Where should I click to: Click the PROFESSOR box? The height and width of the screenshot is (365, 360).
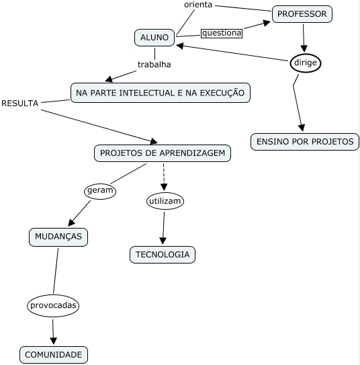pos(302,13)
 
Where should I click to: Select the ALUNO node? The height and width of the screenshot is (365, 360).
pos(154,38)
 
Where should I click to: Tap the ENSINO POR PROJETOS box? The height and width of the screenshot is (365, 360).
pos(305,142)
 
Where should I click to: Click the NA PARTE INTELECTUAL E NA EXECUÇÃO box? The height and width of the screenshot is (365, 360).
pos(160,92)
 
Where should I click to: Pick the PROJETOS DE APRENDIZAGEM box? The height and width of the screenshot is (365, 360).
pos(163,153)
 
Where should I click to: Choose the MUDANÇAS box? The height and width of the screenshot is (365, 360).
pos(58,237)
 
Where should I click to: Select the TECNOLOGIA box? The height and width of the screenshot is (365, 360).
pos(162,254)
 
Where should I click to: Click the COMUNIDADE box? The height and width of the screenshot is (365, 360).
pos(53,354)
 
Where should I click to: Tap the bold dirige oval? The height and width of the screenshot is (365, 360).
pos(306,63)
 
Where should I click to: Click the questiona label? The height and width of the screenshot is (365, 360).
pos(221,32)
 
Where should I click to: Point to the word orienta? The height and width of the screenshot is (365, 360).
pos(198,5)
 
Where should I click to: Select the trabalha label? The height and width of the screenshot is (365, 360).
pos(154,65)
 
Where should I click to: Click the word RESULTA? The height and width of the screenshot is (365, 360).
pos(20,103)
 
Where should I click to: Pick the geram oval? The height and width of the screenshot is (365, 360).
pos(100,191)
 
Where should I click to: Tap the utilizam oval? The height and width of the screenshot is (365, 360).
pos(165,201)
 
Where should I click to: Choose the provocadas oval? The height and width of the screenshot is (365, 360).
pos(54,305)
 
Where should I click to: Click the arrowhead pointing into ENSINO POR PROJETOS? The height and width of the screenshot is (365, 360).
pos(302,128)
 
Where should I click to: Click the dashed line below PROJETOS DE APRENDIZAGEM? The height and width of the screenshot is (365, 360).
pos(164,176)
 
